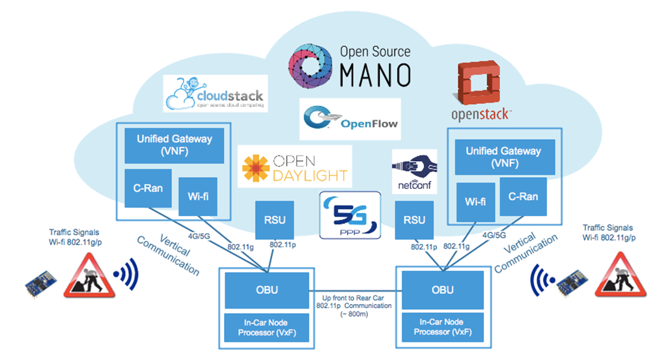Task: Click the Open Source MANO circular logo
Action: point(311,65)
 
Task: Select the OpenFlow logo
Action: point(349,118)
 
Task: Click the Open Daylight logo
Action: point(294,167)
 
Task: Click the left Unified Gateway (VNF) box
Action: point(175,144)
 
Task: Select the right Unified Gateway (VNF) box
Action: point(503,156)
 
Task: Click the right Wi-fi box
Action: point(475,201)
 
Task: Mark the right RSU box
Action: point(414,220)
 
